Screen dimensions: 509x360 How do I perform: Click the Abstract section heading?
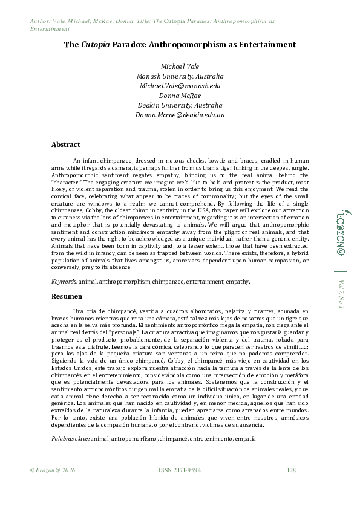66,145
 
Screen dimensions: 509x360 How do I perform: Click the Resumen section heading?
67,297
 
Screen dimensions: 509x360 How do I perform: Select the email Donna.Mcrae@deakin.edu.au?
180,114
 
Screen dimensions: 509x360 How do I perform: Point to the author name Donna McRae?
180,96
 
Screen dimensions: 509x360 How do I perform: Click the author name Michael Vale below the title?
180,66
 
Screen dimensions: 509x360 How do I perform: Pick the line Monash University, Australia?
180,76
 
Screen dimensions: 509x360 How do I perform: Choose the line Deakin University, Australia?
180,105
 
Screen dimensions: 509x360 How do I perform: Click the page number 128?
291,487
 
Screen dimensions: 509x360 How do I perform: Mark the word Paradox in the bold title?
126,44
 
